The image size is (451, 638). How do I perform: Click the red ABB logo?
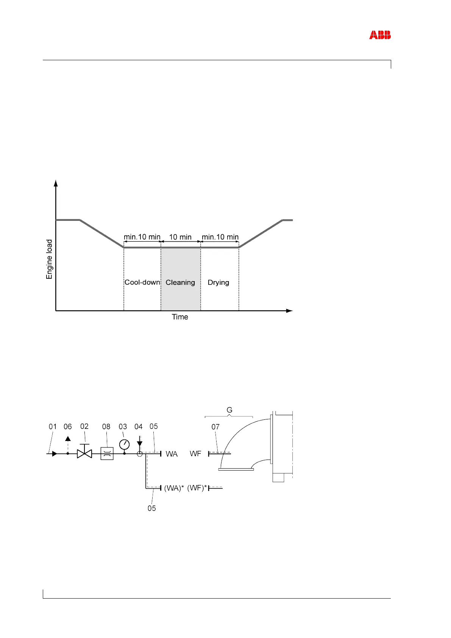pos(380,35)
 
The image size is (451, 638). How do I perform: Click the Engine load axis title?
pos(49,259)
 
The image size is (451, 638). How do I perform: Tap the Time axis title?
pos(180,317)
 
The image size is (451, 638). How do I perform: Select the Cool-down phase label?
pos(142,282)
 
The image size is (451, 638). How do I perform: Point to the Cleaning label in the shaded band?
pos(180,283)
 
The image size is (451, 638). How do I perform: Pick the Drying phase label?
pos(218,283)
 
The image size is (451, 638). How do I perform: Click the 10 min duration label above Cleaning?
pos(180,237)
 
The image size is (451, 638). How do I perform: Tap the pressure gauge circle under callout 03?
pos(125,444)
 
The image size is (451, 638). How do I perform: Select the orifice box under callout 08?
pos(107,453)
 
